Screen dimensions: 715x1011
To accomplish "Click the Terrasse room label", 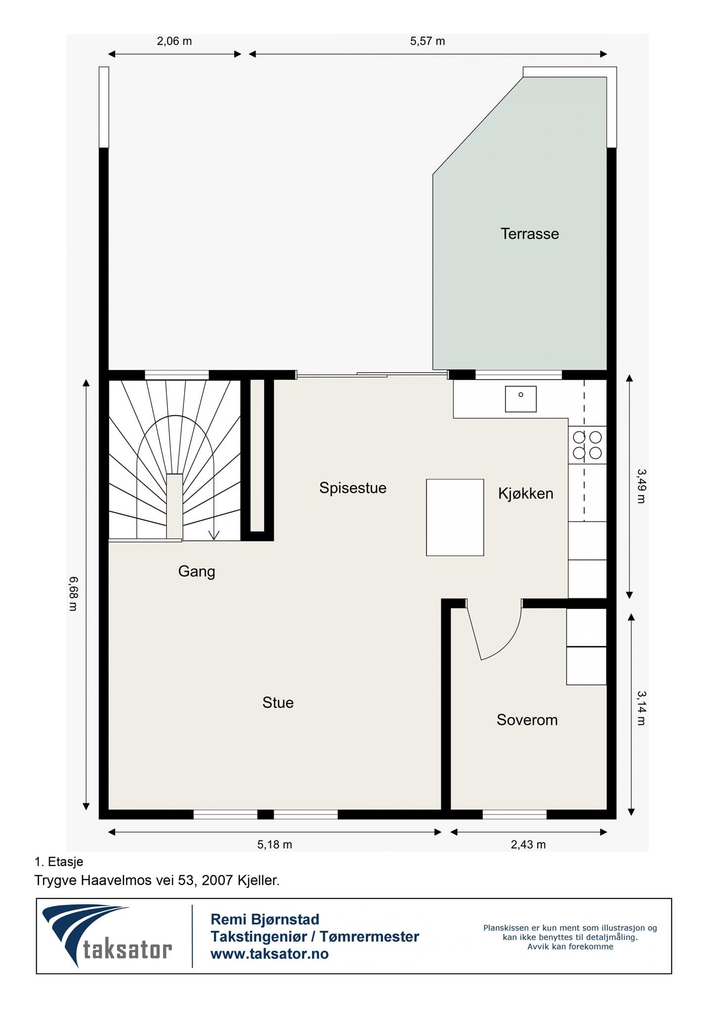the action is tap(529, 233).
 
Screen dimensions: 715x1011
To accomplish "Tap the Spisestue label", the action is tap(353, 488).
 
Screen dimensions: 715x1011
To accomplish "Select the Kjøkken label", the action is tap(525, 494).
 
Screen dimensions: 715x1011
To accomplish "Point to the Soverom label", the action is tap(527, 720).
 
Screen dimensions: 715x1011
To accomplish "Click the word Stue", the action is tap(278, 702).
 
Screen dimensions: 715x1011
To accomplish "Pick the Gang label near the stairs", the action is tap(197, 572).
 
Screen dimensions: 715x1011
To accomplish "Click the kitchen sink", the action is tap(520, 399).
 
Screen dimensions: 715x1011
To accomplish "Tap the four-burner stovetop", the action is tap(587, 445).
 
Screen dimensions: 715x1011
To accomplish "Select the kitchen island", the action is tap(455, 517).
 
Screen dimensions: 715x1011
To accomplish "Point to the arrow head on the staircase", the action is tap(214, 535).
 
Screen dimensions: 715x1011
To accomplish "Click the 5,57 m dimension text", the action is tap(427, 41).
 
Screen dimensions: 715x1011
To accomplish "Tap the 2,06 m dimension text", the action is tap(174, 41).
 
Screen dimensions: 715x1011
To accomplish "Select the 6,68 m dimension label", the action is tap(73, 593).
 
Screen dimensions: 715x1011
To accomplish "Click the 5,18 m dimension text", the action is tap(275, 845).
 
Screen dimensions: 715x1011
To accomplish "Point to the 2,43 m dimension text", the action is tap(528, 845).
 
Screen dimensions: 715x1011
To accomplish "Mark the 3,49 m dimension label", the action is tap(641, 486).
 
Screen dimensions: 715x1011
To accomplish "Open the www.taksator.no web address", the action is tap(270, 954).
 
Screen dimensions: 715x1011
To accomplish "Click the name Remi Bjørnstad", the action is tap(265, 920).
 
